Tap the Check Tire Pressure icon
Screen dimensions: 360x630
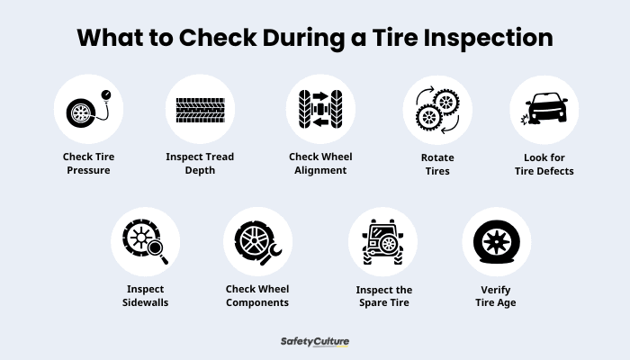click(x=88, y=109)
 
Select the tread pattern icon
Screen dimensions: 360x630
click(x=200, y=109)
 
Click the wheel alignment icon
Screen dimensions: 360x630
click(x=319, y=109)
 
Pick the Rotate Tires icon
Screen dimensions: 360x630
click(x=436, y=109)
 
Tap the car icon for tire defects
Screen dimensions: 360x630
click(x=544, y=109)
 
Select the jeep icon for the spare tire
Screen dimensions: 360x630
click(x=382, y=241)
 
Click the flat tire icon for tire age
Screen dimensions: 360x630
click(x=496, y=241)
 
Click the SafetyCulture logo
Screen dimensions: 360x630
click(x=314, y=342)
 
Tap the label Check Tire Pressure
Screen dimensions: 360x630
click(x=88, y=163)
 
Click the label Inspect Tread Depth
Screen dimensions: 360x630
click(x=200, y=163)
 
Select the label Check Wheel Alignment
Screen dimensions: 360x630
click(x=319, y=163)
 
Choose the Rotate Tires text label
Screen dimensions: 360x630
click(x=436, y=163)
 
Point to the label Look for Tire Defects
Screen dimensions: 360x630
click(x=544, y=163)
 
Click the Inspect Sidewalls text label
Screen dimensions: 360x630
click(x=146, y=296)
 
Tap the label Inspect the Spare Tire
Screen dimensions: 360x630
click(x=382, y=296)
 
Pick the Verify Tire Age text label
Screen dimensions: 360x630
click(x=496, y=296)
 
